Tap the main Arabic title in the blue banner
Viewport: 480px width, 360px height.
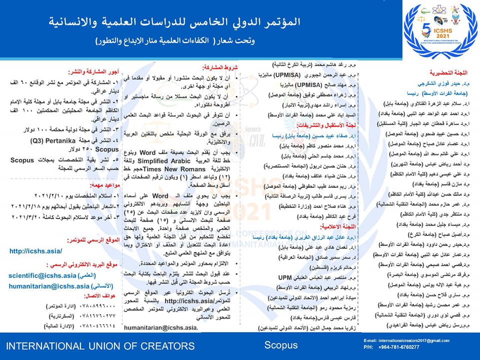pos(176,22)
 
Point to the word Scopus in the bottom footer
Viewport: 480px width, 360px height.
pos(280,345)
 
